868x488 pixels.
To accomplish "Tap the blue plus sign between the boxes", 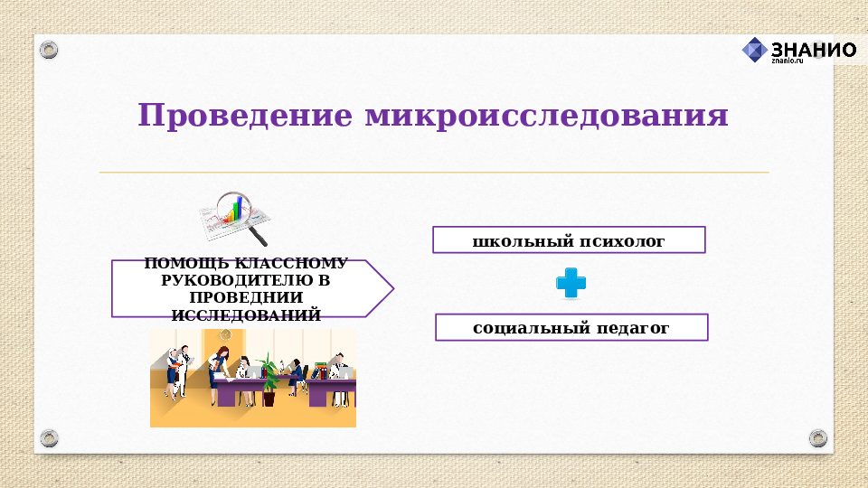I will point(571,284).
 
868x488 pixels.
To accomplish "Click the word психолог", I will point(623,241).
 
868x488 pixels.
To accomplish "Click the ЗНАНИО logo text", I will point(814,50).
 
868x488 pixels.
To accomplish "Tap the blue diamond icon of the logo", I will point(754,51).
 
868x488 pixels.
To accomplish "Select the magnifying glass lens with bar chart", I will point(234,211).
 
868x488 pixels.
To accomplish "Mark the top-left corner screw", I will point(50,50).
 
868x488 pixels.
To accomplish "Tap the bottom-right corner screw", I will point(818,438).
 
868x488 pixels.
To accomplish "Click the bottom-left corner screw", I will point(50,438).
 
